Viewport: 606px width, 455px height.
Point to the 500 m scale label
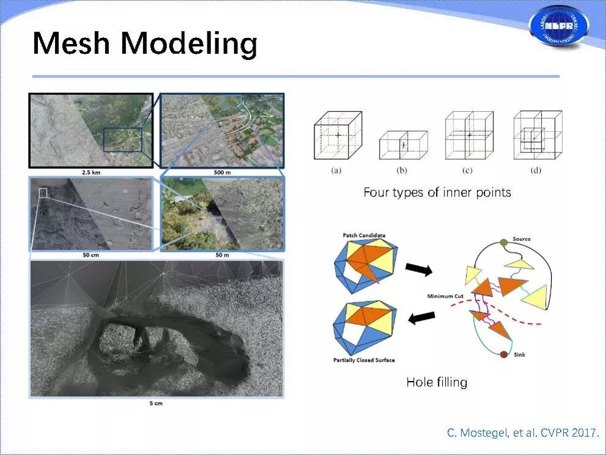tap(221, 173)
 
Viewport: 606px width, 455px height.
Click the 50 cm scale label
tap(90, 254)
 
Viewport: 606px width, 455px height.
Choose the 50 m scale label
tap(221, 254)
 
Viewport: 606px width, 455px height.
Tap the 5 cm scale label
tap(156, 403)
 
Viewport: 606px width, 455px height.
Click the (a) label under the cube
tap(336, 171)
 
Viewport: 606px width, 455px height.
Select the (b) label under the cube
tap(402, 171)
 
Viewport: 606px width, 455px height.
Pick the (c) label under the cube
tap(468, 171)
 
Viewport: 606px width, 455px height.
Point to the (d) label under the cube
tap(536, 171)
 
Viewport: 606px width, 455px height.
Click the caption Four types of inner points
tap(437, 193)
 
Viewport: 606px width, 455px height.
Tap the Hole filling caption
tap(437, 382)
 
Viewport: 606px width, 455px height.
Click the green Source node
tap(503, 243)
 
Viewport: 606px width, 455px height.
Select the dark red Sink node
tap(504, 355)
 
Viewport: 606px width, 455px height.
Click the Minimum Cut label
tap(446, 296)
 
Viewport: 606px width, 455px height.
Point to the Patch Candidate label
tap(364, 235)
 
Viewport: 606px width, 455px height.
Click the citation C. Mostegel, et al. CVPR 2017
tap(522, 433)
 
